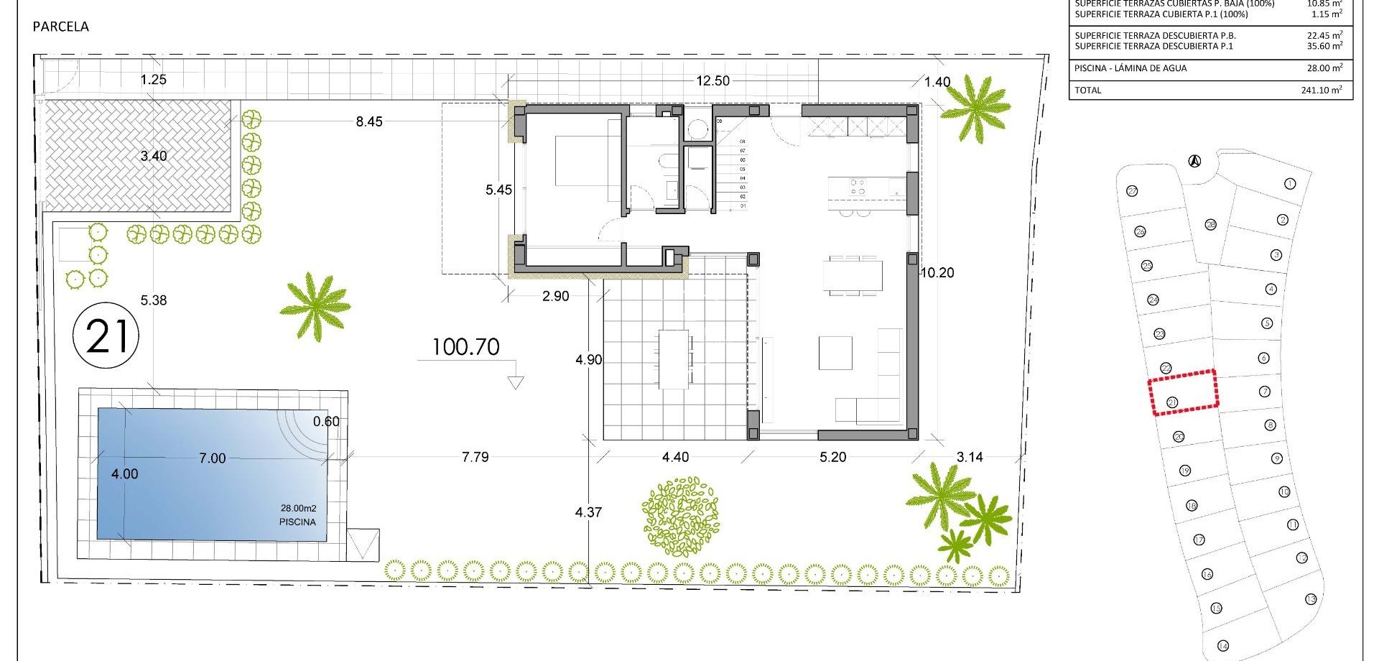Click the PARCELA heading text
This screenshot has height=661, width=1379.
click(x=61, y=27)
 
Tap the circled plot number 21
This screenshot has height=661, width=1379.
click(x=106, y=336)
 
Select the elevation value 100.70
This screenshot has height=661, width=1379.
click(x=465, y=347)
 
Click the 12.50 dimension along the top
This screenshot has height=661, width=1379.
click(x=712, y=81)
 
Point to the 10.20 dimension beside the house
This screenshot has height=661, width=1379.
click(x=937, y=273)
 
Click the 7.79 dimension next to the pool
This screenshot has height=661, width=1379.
click(x=475, y=457)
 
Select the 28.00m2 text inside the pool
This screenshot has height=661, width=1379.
click(x=298, y=509)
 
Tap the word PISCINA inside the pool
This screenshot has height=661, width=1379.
click(x=297, y=522)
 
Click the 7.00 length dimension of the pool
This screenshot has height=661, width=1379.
click(x=212, y=458)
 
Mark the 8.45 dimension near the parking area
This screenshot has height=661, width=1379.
click(x=369, y=122)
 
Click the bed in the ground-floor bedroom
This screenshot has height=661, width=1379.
click(x=585, y=160)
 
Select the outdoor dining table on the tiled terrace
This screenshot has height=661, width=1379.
click(x=674, y=359)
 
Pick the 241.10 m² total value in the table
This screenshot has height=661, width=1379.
click(x=1322, y=91)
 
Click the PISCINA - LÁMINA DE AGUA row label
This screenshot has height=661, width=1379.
click(x=1130, y=68)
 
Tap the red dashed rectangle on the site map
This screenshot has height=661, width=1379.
click(x=1184, y=392)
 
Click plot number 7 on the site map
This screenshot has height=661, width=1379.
click(x=1265, y=392)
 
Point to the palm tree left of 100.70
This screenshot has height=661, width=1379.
click(x=315, y=306)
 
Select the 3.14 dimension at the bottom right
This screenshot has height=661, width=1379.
click(x=970, y=457)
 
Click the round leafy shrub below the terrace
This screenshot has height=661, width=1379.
click(x=680, y=516)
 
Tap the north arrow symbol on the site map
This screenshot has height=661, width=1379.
click(x=1194, y=161)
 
